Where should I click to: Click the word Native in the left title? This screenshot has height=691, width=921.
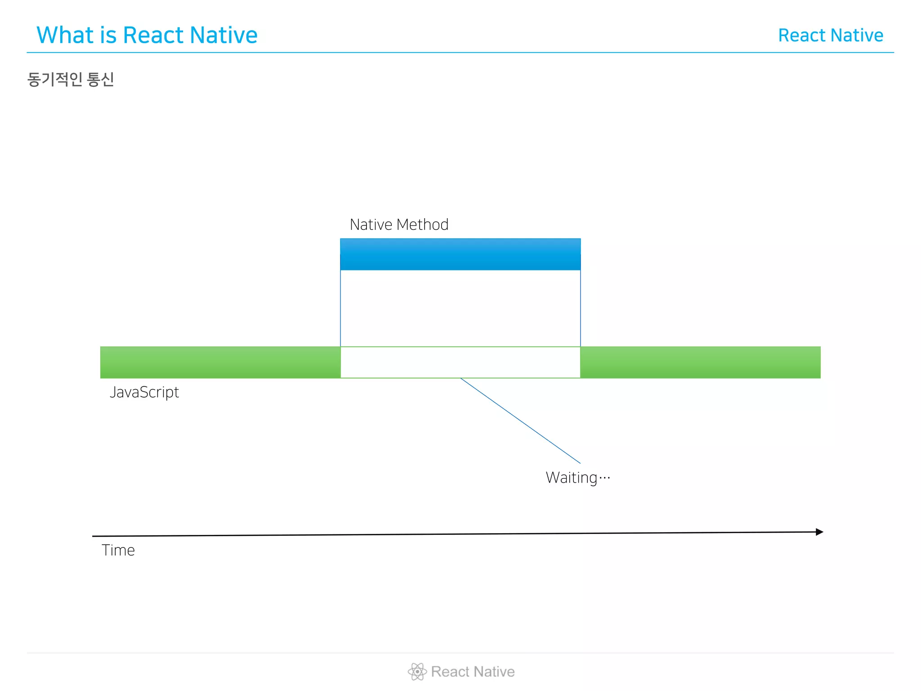pos(223,35)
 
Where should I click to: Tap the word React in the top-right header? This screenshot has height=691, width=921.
pos(802,35)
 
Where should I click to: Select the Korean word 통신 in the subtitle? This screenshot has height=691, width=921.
pos(100,79)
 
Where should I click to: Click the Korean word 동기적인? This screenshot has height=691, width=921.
pos(54,79)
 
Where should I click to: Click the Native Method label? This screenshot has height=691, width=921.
pos(399,224)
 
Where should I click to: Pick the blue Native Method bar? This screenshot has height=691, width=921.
pos(460,254)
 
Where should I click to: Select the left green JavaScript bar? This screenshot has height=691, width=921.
pos(220,362)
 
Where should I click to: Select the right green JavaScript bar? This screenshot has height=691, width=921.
pos(700,362)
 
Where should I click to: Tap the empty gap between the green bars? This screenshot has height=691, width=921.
pos(460,362)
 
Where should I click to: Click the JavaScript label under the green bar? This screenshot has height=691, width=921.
pos(144,392)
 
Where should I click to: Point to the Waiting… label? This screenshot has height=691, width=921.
pos(578,478)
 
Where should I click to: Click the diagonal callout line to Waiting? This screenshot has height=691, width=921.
pos(520,421)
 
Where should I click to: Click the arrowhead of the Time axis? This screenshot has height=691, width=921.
pos(819,532)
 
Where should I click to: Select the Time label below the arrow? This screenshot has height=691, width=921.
pos(118,550)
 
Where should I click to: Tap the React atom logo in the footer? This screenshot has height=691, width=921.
pos(417,672)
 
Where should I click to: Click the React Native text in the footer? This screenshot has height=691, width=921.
pos(473,672)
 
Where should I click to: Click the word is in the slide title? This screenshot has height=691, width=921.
pos(108,35)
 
